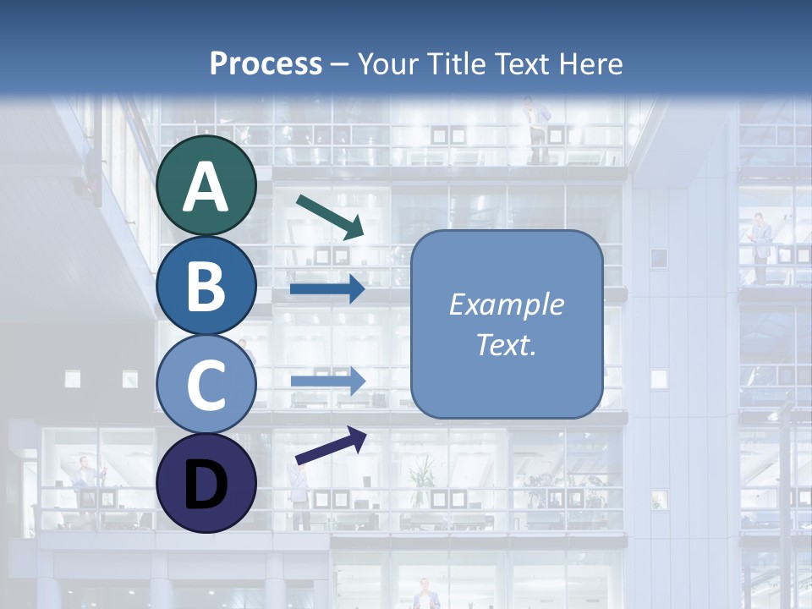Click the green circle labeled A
click(x=206, y=185)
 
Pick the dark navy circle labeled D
click(x=206, y=483)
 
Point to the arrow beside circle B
click(x=327, y=289)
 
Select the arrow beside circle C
click(x=327, y=381)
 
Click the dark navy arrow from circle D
click(x=331, y=447)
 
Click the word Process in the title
click(x=266, y=63)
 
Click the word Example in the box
click(x=506, y=304)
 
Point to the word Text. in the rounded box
click(x=506, y=344)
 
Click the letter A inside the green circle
click(x=206, y=188)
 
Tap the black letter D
click(x=206, y=486)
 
